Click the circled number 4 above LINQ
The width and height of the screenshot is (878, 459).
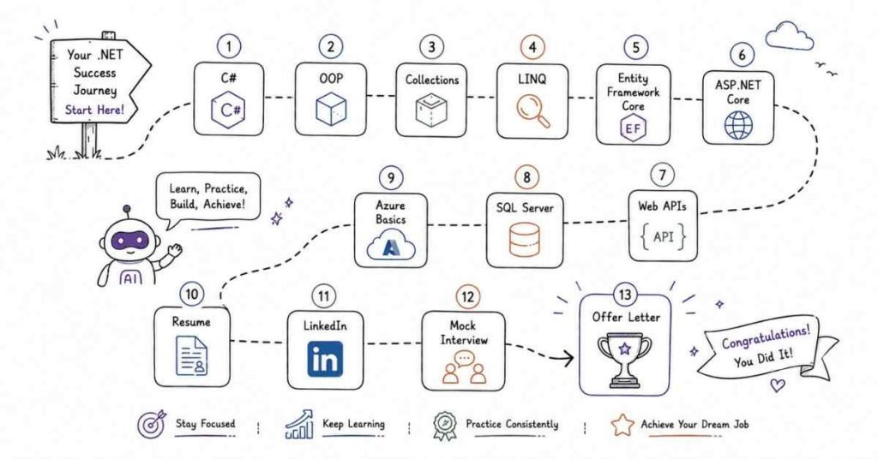pyautogui.click(x=532, y=47)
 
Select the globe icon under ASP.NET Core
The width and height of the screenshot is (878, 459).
pyautogui.click(x=738, y=124)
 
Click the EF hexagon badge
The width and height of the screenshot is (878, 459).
pyautogui.click(x=633, y=128)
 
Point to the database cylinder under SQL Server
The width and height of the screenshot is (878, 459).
pyautogui.click(x=525, y=239)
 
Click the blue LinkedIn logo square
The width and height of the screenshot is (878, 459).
pyautogui.click(x=325, y=359)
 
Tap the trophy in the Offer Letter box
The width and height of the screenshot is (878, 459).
pyautogui.click(x=625, y=359)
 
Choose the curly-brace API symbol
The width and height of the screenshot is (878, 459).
pyautogui.click(x=663, y=237)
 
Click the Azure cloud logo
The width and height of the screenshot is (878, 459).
pyautogui.click(x=391, y=246)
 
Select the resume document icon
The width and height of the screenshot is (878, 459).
pyautogui.click(x=191, y=355)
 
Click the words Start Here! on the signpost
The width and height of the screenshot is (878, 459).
pyautogui.click(x=94, y=110)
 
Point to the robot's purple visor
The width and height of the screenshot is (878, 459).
pyautogui.click(x=129, y=241)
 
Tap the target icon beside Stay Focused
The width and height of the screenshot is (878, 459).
pyautogui.click(x=151, y=424)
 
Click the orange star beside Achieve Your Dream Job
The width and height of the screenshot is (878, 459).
pyautogui.click(x=622, y=425)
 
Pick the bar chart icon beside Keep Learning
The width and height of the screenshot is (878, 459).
pyautogui.click(x=299, y=425)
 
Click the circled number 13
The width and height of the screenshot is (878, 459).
pyautogui.click(x=625, y=295)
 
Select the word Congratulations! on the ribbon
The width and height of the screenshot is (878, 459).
pyautogui.click(x=766, y=336)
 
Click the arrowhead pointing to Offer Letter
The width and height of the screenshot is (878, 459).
pyautogui.click(x=568, y=358)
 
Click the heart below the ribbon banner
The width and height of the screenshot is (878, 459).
pyautogui.click(x=777, y=384)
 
